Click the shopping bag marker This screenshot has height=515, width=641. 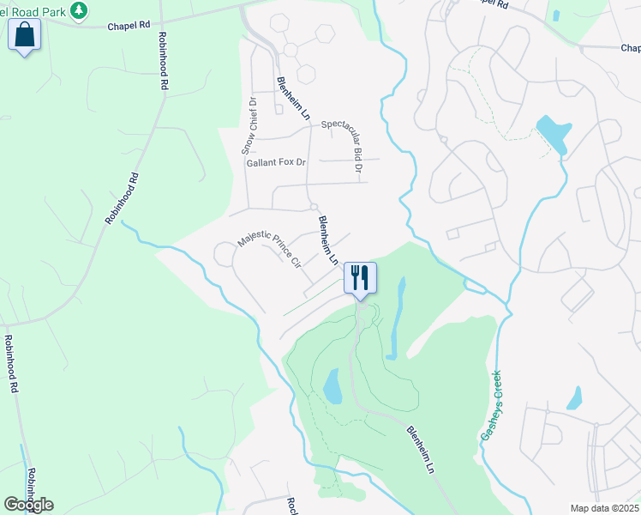(24, 35)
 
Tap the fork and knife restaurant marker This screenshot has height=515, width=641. (360, 278)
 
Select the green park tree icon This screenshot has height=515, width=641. (79, 9)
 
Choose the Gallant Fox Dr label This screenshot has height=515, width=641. (276, 162)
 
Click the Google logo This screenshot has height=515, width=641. (28, 504)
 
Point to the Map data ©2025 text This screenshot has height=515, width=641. (604, 508)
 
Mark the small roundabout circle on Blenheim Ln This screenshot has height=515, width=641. (315, 206)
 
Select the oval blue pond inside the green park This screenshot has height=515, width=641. (331, 386)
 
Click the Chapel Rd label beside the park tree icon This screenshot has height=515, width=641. (129, 26)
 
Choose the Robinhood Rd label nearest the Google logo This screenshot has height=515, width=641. (31, 486)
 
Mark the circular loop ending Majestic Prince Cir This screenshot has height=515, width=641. (225, 254)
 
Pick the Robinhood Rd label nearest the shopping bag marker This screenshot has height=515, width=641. (162, 62)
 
